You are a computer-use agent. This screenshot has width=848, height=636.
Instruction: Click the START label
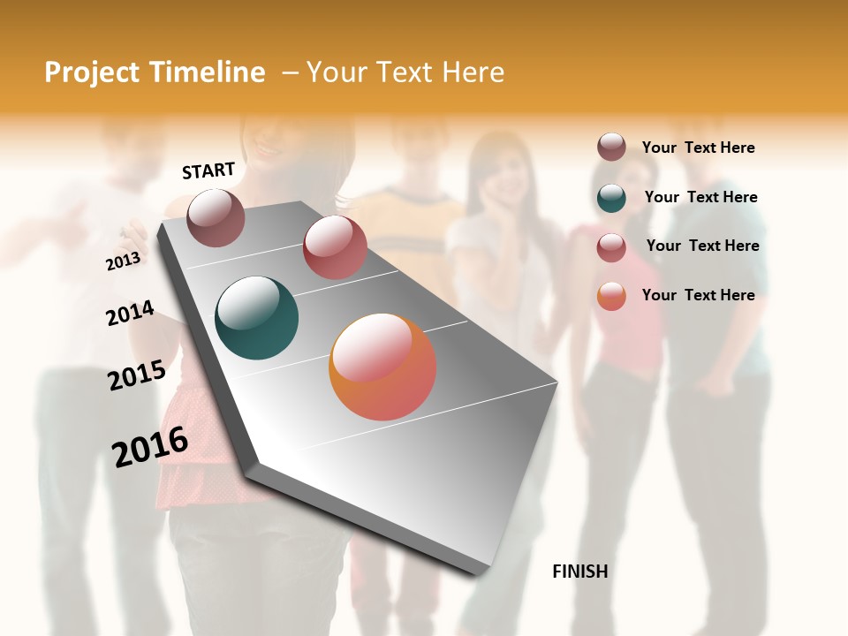pos(208,170)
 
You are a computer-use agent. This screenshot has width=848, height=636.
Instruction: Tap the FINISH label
pos(579,572)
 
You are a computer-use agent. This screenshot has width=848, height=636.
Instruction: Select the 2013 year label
pos(123,261)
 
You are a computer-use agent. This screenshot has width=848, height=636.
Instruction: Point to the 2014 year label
pos(130,314)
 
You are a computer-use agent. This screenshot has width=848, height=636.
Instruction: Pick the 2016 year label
pos(150,446)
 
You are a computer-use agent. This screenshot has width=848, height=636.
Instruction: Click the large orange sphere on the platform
pos(382,367)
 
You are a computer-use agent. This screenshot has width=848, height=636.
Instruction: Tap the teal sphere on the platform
pos(256,318)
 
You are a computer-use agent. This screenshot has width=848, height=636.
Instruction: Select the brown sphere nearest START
pos(216,217)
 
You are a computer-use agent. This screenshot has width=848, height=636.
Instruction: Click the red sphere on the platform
pos(335,247)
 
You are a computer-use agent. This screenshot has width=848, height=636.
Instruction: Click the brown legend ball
pos(611,147)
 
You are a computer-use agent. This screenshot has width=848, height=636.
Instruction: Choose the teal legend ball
pos(611,197)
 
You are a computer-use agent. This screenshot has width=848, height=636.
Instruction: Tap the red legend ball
pos(611,246)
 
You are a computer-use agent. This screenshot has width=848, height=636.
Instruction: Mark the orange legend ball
pos(611,296)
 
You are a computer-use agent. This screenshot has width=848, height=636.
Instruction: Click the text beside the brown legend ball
pos(698,148)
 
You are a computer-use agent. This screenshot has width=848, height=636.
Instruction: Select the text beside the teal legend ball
pos(700,197)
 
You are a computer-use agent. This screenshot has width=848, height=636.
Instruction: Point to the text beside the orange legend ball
pos(698,295)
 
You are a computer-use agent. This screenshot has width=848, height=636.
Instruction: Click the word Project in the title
pos(91,72)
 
